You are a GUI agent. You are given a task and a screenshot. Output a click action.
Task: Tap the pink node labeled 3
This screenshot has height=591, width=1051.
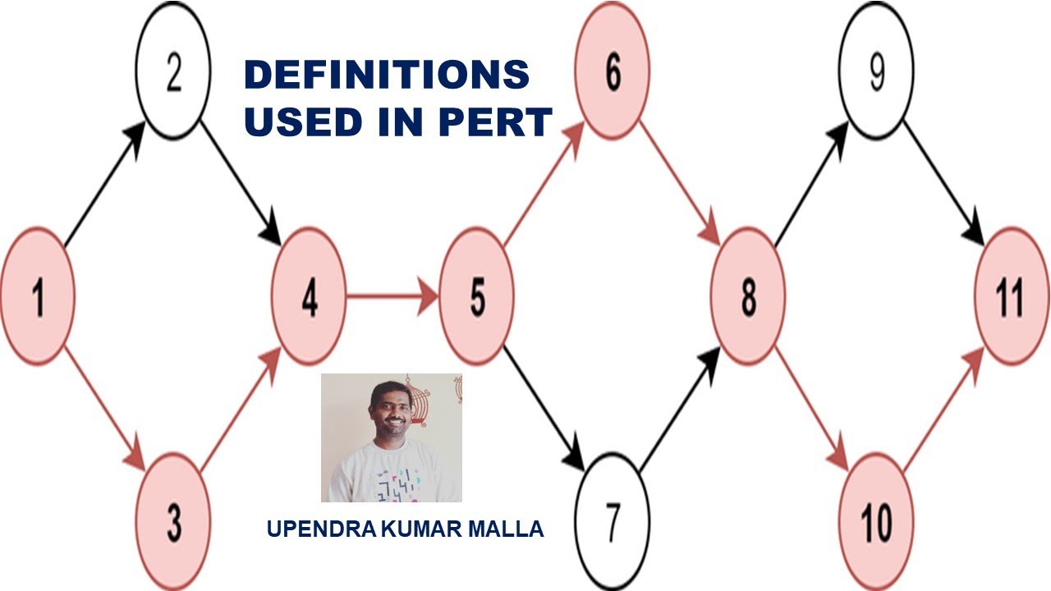click(x=173, y=521)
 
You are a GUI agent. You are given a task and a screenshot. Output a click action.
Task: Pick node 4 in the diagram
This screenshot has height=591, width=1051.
click(x=309, y=296)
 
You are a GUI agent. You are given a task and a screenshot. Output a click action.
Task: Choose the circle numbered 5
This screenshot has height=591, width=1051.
click(x=477, y=296)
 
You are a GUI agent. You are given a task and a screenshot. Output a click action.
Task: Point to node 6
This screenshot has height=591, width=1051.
click(x=613, y=73)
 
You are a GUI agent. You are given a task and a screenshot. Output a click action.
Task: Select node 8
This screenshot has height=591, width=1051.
click(x=748, y=296)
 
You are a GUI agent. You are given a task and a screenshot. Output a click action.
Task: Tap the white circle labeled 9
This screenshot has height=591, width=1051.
click(x=876, y=73)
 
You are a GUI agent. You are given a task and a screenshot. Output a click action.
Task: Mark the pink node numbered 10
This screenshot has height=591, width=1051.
click(x=876, y=521)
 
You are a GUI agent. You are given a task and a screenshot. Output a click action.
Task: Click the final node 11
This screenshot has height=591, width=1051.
click(x=1011, y=296)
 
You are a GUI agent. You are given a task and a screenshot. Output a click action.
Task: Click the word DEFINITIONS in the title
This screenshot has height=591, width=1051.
click(x=387, y=76)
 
